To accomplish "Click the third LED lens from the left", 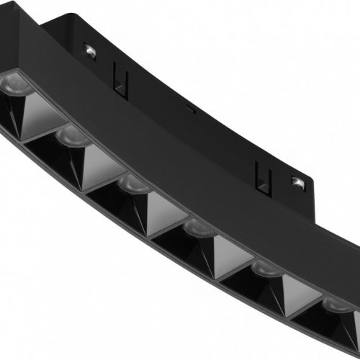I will coord(130,183).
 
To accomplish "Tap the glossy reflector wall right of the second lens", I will coord(97,158).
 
